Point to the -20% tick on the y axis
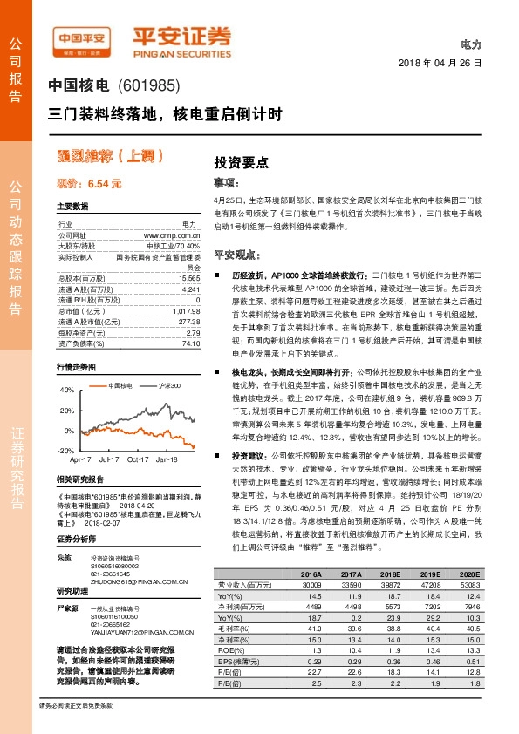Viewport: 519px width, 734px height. click(x=67, y=451)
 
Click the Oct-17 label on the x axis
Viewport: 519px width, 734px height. click(x=138, y=459)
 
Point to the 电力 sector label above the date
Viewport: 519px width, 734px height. click(x=470, y=44)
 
